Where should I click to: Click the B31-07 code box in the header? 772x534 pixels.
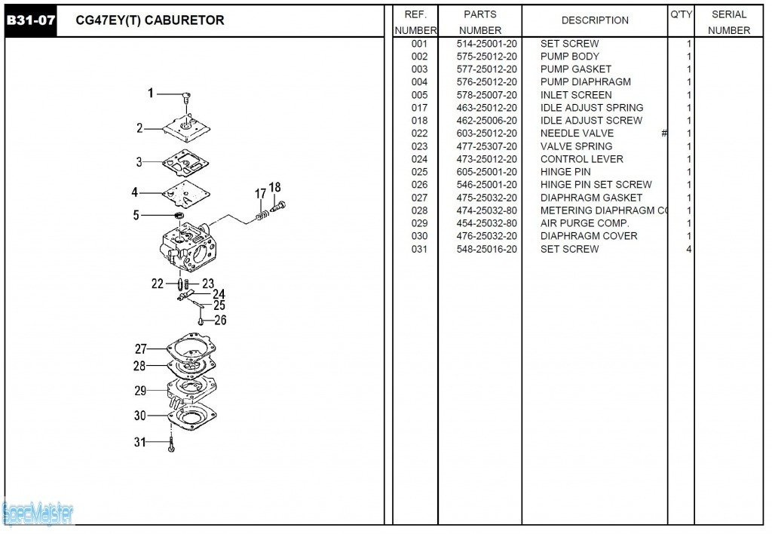pyautogui.click(x=30, y=20)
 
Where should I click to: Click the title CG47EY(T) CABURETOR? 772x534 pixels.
pyautogui.click(x=150, y=20)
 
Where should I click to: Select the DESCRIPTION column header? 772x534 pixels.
pyautogui.click(x=595, y=20)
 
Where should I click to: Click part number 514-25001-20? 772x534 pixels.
pyautogui.click(x=487, y=44)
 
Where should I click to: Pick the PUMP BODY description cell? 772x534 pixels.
pyautogui.click(x=570, y=57)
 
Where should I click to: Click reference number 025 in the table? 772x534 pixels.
pyautogui.click(x=419, y=172)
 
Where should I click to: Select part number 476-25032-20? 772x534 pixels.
pyautogui.click(x=487, y=236)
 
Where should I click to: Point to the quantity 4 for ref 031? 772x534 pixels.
pyautogui.click(x=688, y=249)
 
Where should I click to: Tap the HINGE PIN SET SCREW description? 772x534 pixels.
pyautogui.click(x=596, y=185)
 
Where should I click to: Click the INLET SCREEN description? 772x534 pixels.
pyautogui.click(x=576, y=95)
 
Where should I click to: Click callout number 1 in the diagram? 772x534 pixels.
pyautogui.click(x=150, y=94)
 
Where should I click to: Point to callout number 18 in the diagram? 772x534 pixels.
pyautogui.click(x=274, y=188)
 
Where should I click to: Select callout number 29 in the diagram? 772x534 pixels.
pyautogui.click(x=140, y=391)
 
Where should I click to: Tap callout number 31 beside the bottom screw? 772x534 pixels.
pyautogui.click(x=140, y=442)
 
